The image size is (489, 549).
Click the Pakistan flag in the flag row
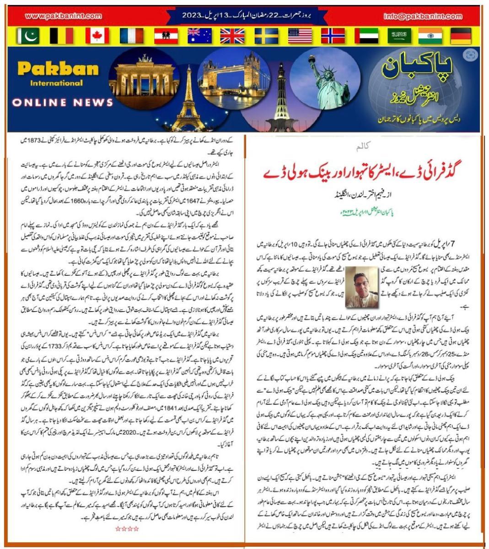[x=28, y=36]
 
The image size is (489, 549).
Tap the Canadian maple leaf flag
[x=97, y=36]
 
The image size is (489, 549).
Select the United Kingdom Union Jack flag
[x=232, y=36]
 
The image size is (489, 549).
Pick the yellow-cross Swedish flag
[x=266, y=36]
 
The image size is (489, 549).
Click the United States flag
[x=300, y=36]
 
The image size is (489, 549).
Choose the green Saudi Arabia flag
[x=399, y=36]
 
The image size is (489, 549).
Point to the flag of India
[x=430, y=36]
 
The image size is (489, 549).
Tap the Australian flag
[x=199, y=36]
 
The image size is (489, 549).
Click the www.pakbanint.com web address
[x=63, y=16]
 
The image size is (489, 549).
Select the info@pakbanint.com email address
[x=423, y=16]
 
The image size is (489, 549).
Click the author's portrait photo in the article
[x=362, y=287]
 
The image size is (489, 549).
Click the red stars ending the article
[x=127, y=529]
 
